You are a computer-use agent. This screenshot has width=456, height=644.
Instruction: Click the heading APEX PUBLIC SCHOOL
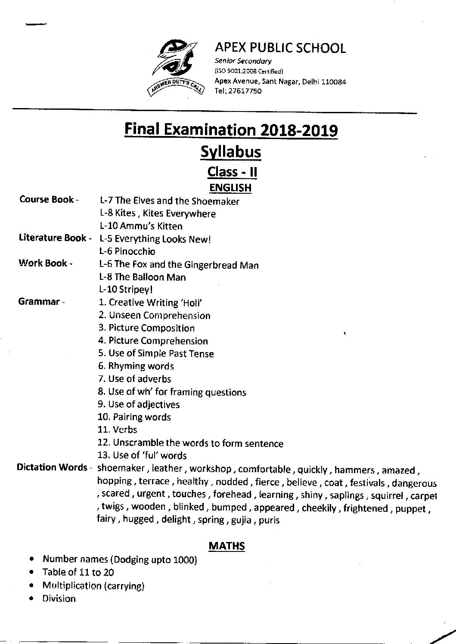click(x=280, y=48)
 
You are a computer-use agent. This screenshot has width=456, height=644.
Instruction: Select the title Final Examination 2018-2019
click(x=231, y=130)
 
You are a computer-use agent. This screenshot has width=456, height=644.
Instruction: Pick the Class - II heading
click(x=233, y=172)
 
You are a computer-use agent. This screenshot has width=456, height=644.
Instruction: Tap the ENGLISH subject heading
click(x=230, y=188)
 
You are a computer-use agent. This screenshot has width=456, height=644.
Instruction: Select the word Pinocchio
click(x=135, y=251)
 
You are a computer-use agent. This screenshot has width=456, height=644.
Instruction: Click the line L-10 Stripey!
click(x=126, y=290)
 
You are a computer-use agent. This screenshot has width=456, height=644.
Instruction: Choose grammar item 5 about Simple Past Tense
click(x=155, y=353)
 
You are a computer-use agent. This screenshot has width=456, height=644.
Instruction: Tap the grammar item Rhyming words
click(x=136, y=366)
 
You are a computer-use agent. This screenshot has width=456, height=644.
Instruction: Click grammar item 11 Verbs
click(x=117, y=430)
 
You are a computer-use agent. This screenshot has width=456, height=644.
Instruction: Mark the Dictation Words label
click(x=52, y=468)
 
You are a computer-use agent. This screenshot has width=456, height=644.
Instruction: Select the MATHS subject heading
click(x=226, y=546)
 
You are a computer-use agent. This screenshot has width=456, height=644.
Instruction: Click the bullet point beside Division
click(x=32, y=599)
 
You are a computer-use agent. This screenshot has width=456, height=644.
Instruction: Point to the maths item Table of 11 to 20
click(x=78, y=572)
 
